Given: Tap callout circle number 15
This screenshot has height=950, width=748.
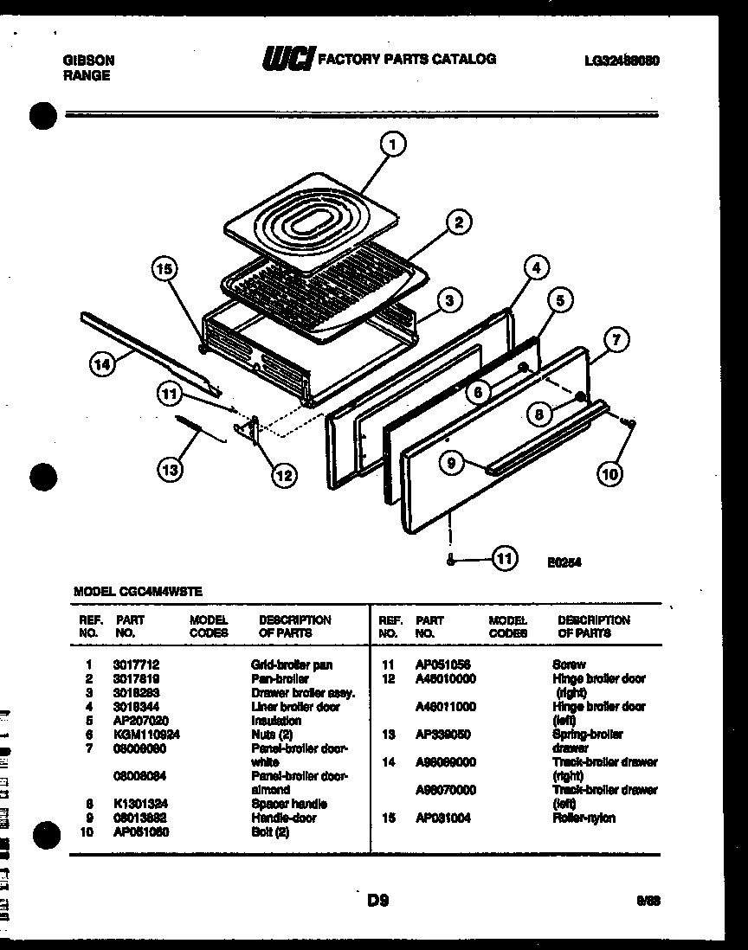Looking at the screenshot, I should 164,270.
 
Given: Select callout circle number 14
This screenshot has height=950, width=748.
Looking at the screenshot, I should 102,365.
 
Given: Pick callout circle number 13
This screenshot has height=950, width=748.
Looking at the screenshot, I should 171,470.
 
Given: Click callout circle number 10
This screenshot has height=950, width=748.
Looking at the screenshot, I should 609,472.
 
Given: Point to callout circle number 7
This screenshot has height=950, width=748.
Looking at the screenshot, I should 615,341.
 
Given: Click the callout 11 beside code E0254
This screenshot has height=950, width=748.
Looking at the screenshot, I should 504,560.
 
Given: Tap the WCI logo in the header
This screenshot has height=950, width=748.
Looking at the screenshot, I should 288,59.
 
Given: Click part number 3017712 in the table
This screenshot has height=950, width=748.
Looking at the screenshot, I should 136,665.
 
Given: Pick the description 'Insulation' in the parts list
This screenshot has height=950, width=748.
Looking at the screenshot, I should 276,721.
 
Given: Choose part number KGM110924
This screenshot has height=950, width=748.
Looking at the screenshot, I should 146,735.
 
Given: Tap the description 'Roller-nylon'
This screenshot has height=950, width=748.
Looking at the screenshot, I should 584,818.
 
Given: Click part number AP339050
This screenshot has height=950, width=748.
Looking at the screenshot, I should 443,735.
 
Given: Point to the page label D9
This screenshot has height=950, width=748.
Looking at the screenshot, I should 377,901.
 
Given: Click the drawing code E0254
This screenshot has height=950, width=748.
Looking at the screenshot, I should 564,562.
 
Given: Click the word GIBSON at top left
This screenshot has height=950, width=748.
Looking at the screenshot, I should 89,61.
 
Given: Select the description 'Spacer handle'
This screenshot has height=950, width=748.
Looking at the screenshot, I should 289,804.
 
